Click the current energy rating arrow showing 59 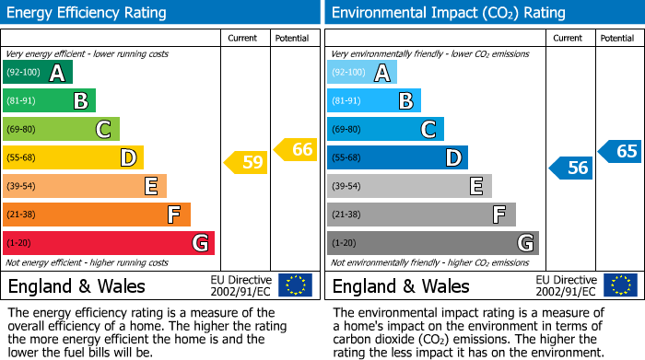(246, 163)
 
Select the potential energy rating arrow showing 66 (296, 149)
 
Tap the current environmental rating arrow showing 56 (570, 168)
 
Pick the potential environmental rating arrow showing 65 (620, 151)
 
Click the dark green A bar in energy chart (38, 73)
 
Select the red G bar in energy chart (109, 243)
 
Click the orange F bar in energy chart (97, 215)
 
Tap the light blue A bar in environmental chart (362, 73)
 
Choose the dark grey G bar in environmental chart (432, 243)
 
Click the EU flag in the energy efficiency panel (296, 285)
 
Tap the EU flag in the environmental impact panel (620, 285)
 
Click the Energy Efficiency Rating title (87, 13)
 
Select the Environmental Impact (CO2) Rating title (448, 13)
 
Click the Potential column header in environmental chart (617, 38)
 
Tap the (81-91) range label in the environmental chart (346, 101)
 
